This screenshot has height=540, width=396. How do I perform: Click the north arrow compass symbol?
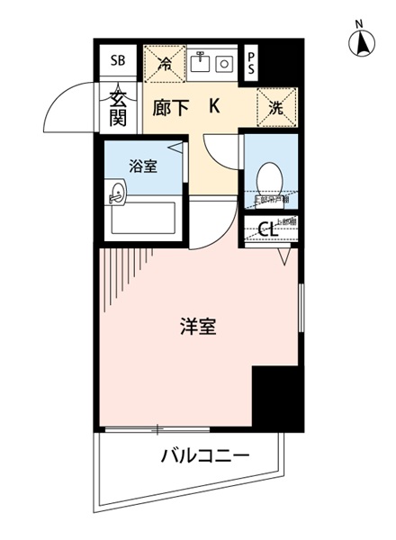click(361, 41)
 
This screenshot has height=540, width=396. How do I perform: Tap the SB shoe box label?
click(118, 61)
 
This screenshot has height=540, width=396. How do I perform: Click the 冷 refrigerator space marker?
click(165, 63)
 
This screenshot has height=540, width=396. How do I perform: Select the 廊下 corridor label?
click(170, 108)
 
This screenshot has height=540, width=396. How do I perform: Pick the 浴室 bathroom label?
click(142, 166)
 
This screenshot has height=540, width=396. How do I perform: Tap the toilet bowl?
click(267, 177)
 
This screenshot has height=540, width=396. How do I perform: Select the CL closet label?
click(266, 229)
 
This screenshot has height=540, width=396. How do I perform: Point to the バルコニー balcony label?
click(204, 454)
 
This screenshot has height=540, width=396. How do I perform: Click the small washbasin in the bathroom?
click(117, 191)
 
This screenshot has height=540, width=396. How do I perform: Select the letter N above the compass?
click(358, 23)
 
